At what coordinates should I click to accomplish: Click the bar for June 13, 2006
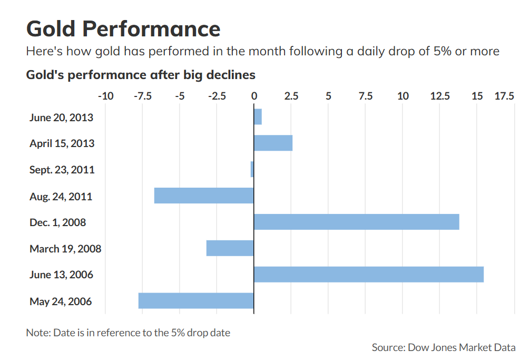368,275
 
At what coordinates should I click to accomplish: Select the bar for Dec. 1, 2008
356,222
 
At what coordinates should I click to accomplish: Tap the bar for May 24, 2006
196,301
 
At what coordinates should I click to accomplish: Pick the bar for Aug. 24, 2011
204,196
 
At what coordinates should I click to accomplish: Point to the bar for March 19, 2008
230,248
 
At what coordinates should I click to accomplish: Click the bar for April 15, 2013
273,143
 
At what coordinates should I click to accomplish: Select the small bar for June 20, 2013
258,116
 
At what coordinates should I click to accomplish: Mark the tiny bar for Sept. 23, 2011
252,169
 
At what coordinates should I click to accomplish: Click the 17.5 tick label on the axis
504,96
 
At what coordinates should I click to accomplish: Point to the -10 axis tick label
105,96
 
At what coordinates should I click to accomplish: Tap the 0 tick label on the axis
254,96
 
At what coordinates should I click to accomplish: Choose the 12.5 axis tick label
439,96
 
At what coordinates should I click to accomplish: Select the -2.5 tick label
217,96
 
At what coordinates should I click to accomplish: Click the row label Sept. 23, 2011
62,170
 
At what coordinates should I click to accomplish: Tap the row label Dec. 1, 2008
57,222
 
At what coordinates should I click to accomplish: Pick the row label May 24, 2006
61,301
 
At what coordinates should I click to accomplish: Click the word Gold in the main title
49,28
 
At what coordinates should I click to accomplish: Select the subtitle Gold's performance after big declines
141,75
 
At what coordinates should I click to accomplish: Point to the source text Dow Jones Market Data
461,347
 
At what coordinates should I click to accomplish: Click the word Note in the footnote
36,333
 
